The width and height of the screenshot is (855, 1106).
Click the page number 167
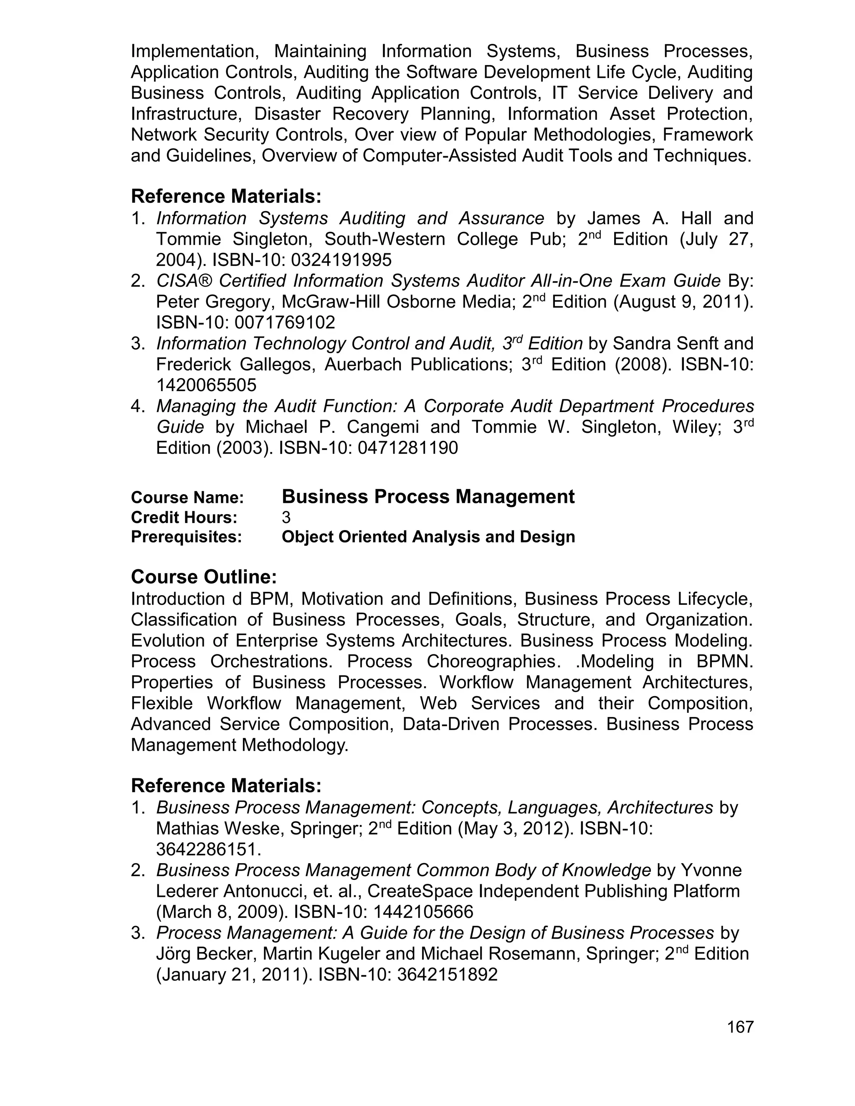[740, 1027]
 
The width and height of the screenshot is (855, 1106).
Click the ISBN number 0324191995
[341, 260]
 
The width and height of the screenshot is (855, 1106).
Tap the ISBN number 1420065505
[206, 385]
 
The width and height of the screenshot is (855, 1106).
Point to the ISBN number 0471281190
[407, 448]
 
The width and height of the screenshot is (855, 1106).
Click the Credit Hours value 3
[286, 518]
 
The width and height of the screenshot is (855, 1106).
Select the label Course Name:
[187, 497]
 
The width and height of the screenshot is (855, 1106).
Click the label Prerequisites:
[186, 537]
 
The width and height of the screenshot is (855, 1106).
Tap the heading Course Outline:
[204, 577]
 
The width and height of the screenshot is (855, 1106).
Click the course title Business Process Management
[428, 497]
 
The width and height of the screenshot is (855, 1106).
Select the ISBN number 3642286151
[206, 849]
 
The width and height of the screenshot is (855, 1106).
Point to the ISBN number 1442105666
[423, 912]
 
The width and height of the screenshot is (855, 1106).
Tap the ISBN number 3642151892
[447, 975]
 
